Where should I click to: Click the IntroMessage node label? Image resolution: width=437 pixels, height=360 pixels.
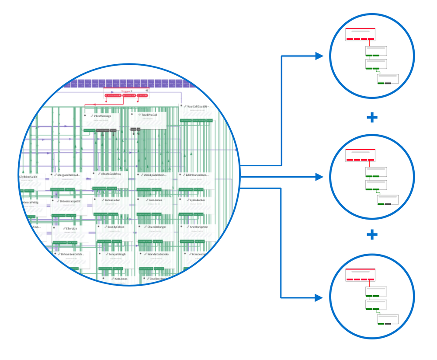[x=103, y=116]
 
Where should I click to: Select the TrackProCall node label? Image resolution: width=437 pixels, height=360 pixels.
[x=149, y=115]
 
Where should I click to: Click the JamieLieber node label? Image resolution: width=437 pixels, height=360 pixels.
[x=112, y=200]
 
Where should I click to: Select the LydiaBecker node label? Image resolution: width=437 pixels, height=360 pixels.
[x=198, y=200]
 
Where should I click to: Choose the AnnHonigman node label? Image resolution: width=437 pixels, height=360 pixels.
[x=199, y=227]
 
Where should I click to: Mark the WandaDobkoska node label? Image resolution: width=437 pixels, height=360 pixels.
[x=158, y=254]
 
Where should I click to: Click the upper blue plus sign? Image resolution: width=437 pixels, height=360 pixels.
[x=372, y=118]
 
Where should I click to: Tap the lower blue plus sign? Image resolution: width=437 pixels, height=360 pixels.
[x=372, y=235]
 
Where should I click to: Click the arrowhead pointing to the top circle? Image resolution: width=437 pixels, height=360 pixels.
[x=319, y=56]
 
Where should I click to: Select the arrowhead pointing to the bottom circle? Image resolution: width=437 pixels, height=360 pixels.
[x=319, y=298]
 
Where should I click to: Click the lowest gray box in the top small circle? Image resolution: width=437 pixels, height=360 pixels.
[x=388, y=79]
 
